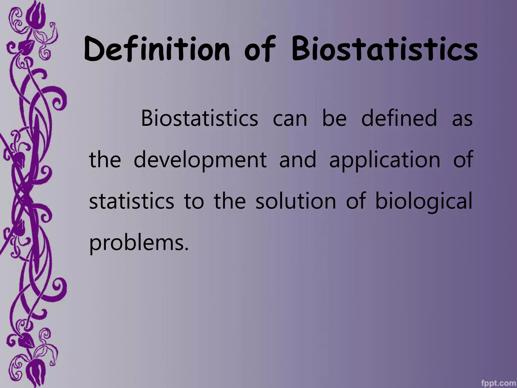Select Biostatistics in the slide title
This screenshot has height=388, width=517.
(x=384, y=50)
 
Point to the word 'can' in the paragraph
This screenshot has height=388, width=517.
(x=290, y=119)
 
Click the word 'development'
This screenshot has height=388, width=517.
(x=200, y=161)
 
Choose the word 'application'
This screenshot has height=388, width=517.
(x=385, y=161)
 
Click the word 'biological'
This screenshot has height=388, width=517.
(x=424, y=202)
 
